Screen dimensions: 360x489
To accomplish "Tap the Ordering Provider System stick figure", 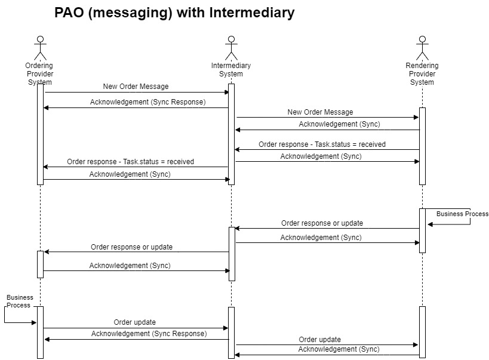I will click(40, 48).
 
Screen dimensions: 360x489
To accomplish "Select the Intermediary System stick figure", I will click(231, 48).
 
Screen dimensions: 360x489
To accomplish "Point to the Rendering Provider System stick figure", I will click(422, 48).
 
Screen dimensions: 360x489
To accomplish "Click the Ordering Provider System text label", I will click(40, 73).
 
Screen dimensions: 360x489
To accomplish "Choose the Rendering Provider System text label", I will click(422, 74).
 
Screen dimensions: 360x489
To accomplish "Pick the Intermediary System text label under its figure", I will click(231, 70).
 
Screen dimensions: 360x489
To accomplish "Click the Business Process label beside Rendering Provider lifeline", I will click(462, 214).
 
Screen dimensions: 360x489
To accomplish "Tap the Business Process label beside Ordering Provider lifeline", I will click(20, 301).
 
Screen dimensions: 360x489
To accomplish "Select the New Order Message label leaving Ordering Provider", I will click(136, 87).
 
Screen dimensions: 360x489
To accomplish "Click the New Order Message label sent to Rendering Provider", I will click(320, 112).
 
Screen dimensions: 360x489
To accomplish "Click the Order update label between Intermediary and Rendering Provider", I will click(320, 339).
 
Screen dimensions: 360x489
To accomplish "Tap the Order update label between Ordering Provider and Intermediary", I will click(135, 322).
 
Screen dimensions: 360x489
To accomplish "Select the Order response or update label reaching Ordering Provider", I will click(131, 247).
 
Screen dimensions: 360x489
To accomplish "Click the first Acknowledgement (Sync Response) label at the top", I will click(147, 102).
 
